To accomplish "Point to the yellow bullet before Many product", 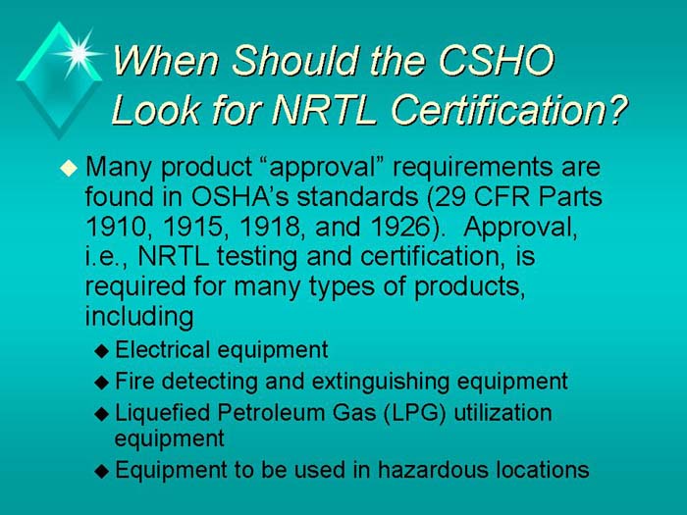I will coord(68,169).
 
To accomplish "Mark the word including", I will coord(139,318).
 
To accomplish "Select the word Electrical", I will coord(163,350).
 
